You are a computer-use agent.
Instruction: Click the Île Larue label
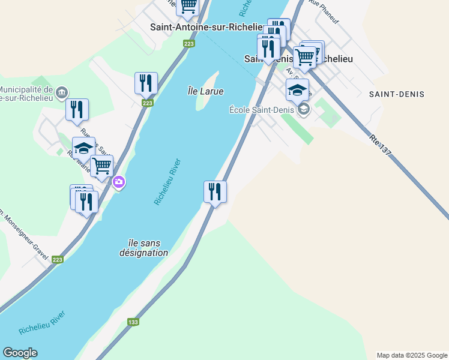(x=205, y=91)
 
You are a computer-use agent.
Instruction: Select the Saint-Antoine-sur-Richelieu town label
(x=206, y=27)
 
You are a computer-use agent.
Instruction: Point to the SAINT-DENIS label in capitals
(x=397, y=94)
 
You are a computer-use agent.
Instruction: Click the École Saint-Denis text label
(x=262, y=109)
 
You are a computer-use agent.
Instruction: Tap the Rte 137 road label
(x=381, y=145)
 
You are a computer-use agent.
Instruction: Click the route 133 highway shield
(x=133, y=322)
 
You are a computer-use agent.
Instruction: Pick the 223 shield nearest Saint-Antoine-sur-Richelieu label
(x=189, y=44)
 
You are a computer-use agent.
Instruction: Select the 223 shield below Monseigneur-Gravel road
(x=57, y=259)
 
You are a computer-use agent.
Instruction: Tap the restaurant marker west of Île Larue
(x=146, y=83)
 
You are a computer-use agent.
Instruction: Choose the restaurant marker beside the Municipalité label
(x=77, y=110)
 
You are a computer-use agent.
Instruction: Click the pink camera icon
(x=119, y=182)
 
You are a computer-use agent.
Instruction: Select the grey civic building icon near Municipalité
(x=62, y=92)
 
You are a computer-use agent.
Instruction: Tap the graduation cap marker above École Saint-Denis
(x=297, y=90)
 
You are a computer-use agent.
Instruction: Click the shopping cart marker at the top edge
(x=188, y=6)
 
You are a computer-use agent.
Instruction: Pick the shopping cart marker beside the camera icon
(x=101, y=166)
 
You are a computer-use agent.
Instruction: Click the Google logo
(x=20, y=353)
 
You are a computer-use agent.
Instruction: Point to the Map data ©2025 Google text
(x=411, y=355)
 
